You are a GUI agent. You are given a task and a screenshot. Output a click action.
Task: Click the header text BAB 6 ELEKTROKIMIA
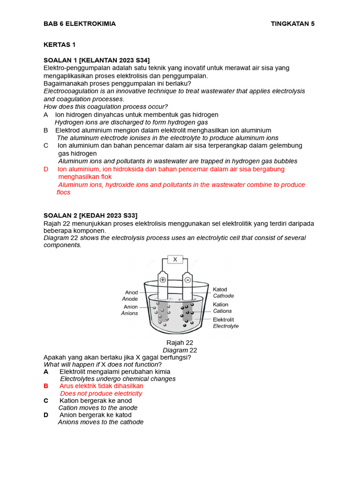79,24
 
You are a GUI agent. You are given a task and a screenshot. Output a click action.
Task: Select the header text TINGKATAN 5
292,24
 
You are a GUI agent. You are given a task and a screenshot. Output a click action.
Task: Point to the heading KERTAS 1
60,45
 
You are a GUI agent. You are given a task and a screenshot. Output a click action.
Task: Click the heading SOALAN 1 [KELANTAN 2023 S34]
97,60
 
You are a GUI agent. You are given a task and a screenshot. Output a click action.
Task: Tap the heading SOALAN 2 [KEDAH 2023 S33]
90,215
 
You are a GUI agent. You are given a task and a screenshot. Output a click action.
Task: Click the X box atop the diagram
175,259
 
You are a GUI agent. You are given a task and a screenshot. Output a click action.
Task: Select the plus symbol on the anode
163,280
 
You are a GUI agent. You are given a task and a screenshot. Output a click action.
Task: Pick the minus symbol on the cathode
187,280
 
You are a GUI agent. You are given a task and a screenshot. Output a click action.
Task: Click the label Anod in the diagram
131,292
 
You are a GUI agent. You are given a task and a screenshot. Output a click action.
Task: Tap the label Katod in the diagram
220,289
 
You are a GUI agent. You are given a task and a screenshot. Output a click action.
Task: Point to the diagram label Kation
221,305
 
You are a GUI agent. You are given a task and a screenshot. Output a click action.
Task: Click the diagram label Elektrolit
224,320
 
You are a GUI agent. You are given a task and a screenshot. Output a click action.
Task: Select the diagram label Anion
130,307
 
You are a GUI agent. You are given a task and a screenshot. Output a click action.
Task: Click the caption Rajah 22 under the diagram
180,343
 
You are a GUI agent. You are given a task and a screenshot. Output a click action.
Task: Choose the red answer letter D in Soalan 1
46,169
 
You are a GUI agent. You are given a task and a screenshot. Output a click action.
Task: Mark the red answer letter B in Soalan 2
46,386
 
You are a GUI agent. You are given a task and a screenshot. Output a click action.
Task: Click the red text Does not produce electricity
101,393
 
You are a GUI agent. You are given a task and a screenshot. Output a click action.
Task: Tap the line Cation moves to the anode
97,408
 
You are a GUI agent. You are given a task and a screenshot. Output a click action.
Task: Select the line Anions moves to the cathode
100,422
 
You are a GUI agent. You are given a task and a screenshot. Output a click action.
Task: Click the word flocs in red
63,192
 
